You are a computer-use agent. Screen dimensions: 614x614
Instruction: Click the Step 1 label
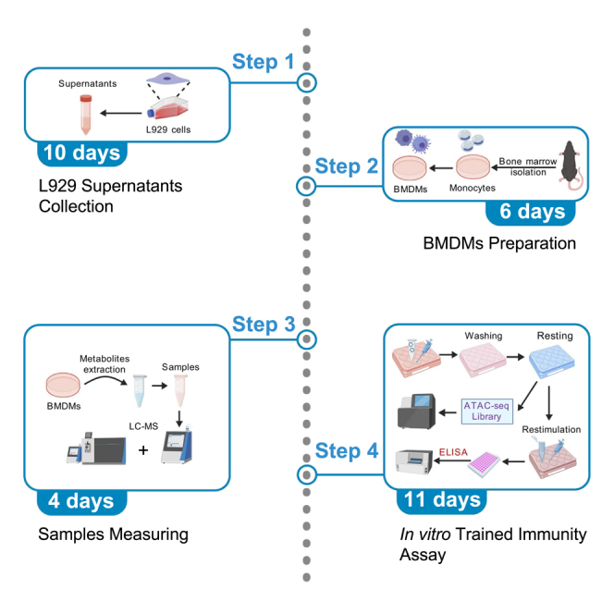[x=263, y=62]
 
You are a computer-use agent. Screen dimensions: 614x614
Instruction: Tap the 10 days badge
[x=82, y=153]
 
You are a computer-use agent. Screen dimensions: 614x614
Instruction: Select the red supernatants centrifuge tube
[x=86, y=115]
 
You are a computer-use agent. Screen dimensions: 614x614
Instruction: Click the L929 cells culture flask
[x=168, y=107]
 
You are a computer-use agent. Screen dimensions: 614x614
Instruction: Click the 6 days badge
[x=531, y=213]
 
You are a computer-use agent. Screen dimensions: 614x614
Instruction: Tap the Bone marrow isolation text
[x=527, y=166]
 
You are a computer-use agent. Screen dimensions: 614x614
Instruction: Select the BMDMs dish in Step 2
[x=410, y=168]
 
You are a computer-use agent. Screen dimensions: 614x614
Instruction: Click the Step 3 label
[x=264, y=325]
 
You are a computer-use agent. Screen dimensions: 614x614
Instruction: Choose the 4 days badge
[x=82, y=501]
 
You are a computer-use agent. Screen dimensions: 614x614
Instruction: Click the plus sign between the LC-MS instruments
[x=143, y=450]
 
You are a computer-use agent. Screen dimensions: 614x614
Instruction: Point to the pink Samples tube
[x=180, y=391]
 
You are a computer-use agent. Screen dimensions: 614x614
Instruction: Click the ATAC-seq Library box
[x=486, y=411]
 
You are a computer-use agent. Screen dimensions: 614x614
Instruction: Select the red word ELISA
[x=453, y=452]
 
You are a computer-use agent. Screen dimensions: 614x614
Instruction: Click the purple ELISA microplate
[x=484, y=464]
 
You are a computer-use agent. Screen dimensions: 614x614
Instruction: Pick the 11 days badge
[x=442, y=501]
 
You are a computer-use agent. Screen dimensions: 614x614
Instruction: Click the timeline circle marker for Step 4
[x=307, y=474]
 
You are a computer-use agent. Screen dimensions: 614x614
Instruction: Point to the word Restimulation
[x=551, y=430]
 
